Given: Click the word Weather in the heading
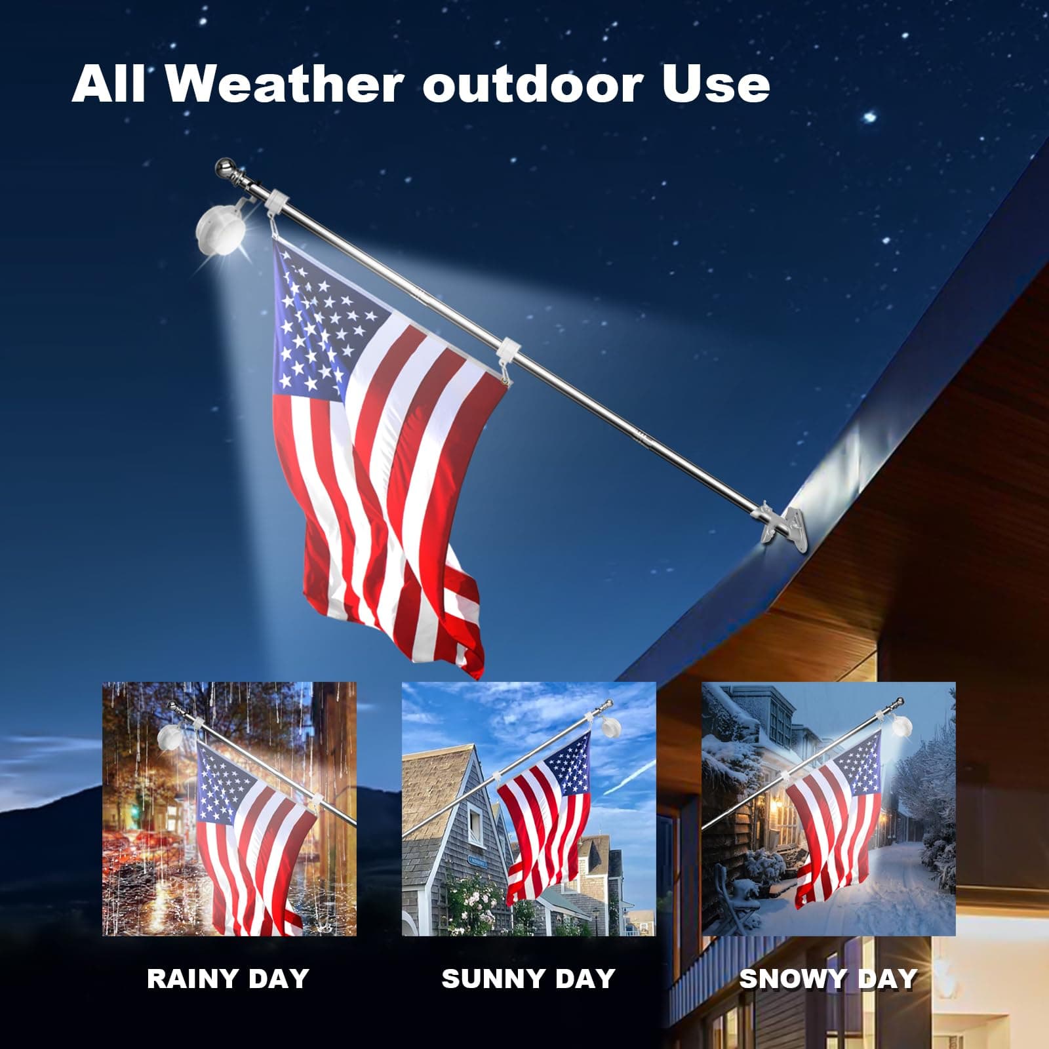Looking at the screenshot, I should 281,85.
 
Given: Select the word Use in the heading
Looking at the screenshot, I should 715,85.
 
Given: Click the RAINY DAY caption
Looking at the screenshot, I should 228,979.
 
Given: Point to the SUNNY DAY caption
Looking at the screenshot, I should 528,979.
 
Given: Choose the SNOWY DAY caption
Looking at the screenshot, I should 828,979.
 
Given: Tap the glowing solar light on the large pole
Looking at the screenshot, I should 219,230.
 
